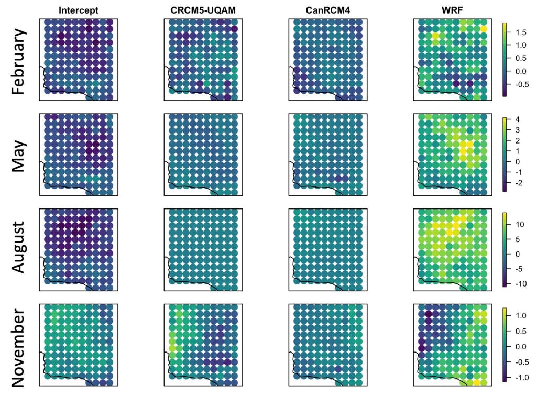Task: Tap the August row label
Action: click(x=18, y=247)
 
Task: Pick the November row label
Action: click(x=18, y=343)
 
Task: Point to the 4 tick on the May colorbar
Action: click(x=517, y=120)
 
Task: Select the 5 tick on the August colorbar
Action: click(x=517, y=239)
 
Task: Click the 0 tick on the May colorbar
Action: click(x=517, y=161)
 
